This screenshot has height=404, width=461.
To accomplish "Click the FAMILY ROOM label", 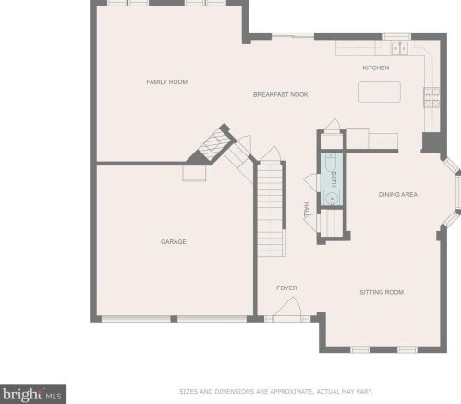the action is tap(167, 82).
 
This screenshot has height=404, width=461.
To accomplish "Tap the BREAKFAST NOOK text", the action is tap(280, 94).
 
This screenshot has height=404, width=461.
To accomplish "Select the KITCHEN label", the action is tap(376, 67).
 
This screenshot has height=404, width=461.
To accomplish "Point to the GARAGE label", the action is tap(174, 241).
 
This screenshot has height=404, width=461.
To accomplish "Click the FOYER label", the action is tap(286, 288).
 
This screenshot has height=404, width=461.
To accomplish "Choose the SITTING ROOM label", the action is tap(382, 292).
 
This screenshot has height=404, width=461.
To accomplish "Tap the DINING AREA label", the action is tap(398, 194).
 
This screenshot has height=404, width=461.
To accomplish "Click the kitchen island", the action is tap(380, 92).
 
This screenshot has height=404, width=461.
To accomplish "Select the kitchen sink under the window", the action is tap(400, 48).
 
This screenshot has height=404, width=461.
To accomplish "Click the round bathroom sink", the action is tap(332, 198).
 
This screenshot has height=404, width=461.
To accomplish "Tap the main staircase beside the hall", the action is tap(270, 210).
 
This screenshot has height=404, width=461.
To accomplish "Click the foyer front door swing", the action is tap(289, 305).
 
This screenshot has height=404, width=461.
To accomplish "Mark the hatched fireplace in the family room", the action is tap(214, 144).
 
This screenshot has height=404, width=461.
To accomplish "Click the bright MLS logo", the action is tap(32, 394).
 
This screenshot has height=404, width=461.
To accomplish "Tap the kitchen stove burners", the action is tap(431, 98).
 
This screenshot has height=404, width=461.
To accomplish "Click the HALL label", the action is tap(306, 211).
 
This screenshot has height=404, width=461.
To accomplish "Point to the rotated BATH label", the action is tap(334, 179).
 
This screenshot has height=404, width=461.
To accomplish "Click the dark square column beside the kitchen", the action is tap(431, 142).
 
